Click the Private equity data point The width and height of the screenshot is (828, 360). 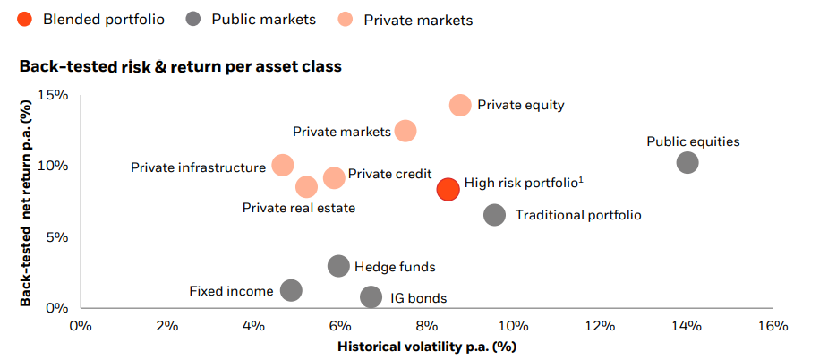click(x=460, y=105)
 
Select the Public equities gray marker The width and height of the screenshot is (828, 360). click(x=687, y=162)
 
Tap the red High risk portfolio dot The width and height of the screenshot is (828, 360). click(x=448, y=189)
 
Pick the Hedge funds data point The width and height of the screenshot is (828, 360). click(x=338, y=266)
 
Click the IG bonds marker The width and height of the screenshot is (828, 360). click(x=371, y=296)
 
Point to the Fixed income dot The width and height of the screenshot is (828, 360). click(x=291, y=289)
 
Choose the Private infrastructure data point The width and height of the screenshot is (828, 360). click(x=283, y=166)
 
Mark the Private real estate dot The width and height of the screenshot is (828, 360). click(x=306, y=186)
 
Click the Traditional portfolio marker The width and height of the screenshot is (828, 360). click(x=494, y=215)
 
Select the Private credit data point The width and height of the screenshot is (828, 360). click(x=334, y=177)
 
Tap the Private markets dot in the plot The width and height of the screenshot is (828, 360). click(x=405, y=131)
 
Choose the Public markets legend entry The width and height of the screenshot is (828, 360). click(x=251, y=20)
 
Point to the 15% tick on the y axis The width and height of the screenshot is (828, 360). click(x=54, y=95)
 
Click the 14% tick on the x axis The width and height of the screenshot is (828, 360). click(x=687, y=326)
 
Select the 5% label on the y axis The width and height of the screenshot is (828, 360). click(x=57, y=236)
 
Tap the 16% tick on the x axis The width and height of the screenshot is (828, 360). click(x=773, y=326)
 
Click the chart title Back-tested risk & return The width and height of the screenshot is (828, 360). click(x=180, y=67)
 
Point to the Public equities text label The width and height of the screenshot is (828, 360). click(x=694, y=141)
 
